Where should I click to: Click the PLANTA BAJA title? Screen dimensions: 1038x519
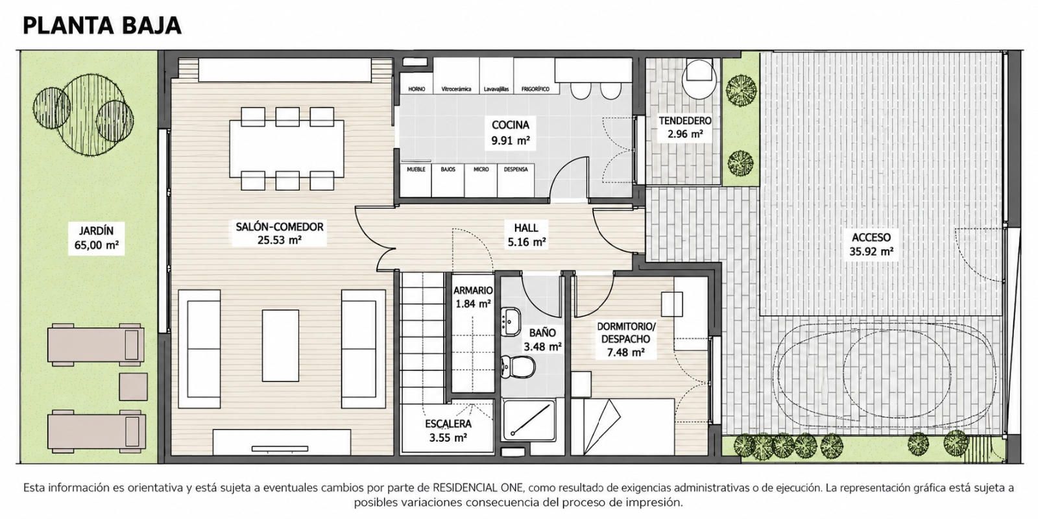coord(102,25)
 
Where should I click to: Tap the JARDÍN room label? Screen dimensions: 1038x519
coord(96,230)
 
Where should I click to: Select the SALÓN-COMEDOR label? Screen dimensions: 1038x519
coord(280,226)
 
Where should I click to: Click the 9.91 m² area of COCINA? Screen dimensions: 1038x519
coord(510,140)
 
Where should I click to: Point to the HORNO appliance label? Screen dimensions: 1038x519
coord(416,89)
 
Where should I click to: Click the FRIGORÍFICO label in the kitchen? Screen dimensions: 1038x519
coord(535,89)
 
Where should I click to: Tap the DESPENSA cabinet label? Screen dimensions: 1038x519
coord(516,169)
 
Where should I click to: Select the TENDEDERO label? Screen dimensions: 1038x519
coord(685,121)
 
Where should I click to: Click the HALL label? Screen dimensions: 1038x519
coord(526,228)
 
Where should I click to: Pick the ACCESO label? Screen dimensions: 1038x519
coord(871,237)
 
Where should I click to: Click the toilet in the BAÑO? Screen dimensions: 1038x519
coord(518,367)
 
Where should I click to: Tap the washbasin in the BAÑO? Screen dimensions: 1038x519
coord(511,321)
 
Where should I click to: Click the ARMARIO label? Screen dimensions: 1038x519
coord(473,291)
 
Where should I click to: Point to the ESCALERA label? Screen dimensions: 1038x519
coord(448,424)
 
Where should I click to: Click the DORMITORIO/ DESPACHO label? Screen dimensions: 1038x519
coord(626,333)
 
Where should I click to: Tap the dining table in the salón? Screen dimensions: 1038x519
coord(287,149)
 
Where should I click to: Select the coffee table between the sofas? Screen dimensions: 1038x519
coord(280,346)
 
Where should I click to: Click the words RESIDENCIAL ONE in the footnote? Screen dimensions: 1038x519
coord(477,488)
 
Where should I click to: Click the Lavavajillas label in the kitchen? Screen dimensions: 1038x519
coord(496,89)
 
